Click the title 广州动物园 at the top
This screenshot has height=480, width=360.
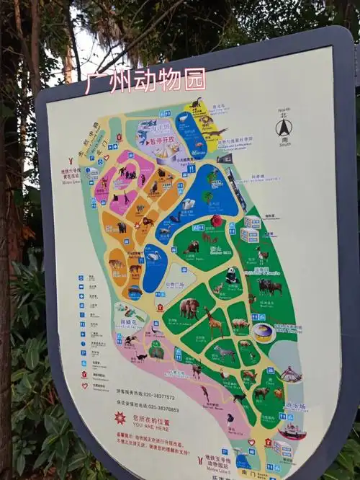click(x=145, y=80)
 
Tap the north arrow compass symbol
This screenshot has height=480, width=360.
click(x=283, y=128)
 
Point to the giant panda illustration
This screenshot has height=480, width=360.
click(x=232, y=275)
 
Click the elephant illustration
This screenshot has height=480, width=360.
click(x=190, y=308)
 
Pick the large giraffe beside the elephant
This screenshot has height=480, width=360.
click(x=214, y=320)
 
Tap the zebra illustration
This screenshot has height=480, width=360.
click(x=225, y=352)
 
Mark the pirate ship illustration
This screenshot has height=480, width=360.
click(x=291, y=430)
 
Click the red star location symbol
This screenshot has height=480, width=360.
click(x=120, y=418)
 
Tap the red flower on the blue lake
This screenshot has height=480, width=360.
click(x=216, y=221)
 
